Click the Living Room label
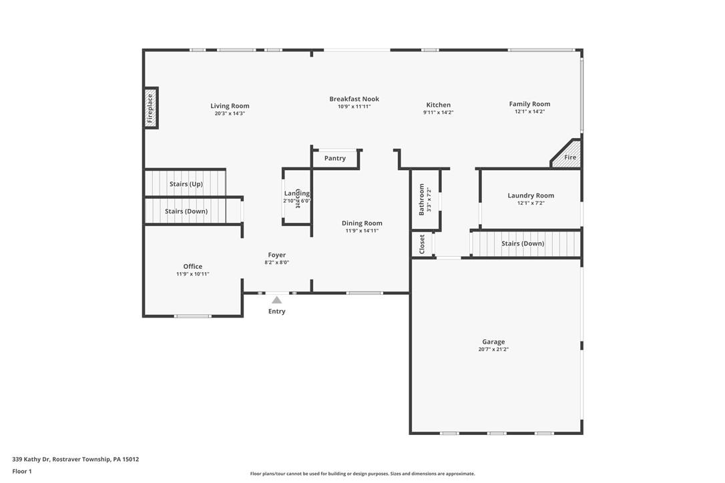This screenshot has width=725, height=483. click(x=230, y=106)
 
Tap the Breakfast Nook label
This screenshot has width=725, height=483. click(x=354, y=99)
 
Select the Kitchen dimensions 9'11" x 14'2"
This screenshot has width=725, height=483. click(x=438, y=113)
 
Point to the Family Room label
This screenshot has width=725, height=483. click(x=529, y=104)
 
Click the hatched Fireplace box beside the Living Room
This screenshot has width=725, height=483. click(x=150, y=108)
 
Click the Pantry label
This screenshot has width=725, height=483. click(x=335, y=159)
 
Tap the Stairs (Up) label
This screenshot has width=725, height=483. click(x=186, y=184)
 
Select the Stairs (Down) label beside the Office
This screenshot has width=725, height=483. click(x=186, y=211)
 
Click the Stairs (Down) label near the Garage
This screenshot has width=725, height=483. click(x=523, y=244)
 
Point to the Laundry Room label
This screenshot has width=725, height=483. click(x=531, y=195)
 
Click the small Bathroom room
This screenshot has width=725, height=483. click(x=425, y=199)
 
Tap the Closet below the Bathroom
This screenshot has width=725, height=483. click(x=422, y=244)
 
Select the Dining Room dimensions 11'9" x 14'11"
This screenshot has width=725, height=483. click(x=362, y=231)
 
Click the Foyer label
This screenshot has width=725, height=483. click(x=277, y=255)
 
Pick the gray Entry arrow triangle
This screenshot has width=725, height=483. click(x=276, y=300)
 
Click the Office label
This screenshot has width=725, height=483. click(x=193, y=266)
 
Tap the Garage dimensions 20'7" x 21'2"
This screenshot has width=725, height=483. click(x=493, y=350)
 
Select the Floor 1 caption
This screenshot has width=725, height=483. click(x=22, y=471)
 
